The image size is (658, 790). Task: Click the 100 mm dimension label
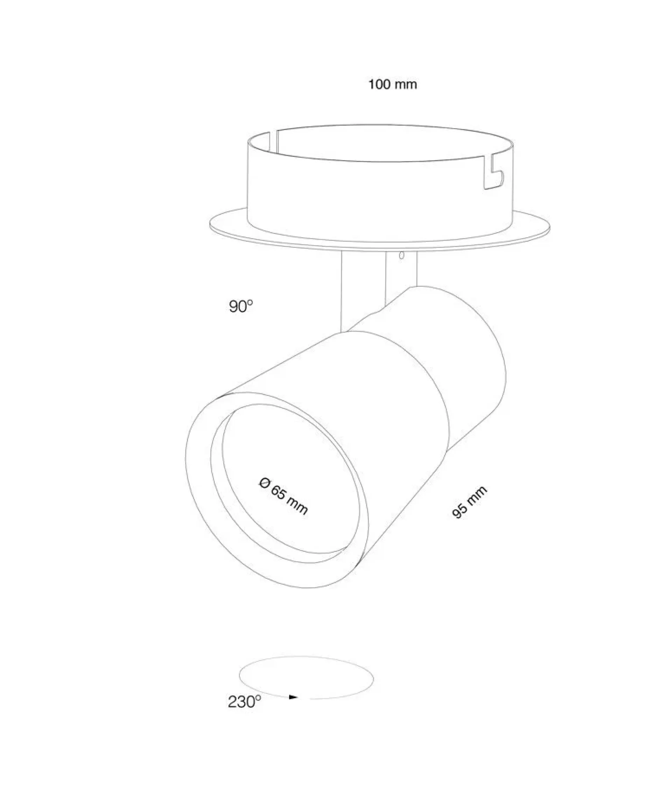392,84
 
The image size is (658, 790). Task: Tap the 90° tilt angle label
241,307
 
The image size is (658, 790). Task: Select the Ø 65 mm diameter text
283,496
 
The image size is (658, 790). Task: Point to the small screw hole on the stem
401,255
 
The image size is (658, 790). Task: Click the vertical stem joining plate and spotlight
379,286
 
